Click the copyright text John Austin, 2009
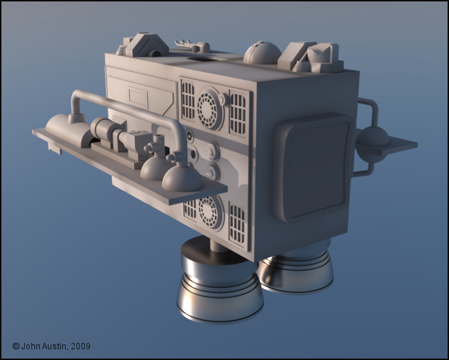51,346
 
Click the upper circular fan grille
209,109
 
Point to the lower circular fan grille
211,213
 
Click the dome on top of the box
262,53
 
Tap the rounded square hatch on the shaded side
313,168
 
